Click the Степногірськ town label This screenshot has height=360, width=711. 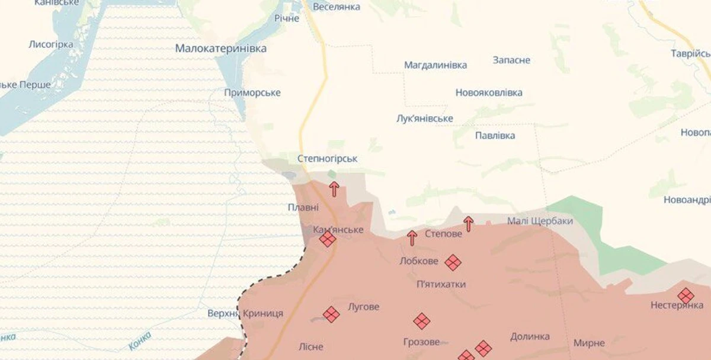pyautogui.click(x=327, y=159)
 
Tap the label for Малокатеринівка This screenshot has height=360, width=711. pyautogui.click(x=221, y=49)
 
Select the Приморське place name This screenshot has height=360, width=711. pyautogui.click(x=252, y=93)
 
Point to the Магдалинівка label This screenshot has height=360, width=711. pyautogui.click(x=435, y=65)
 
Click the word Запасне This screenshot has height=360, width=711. pyautogui.click(x=511, y=60)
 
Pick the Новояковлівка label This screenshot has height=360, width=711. pyautogui.click(x=489, y=93)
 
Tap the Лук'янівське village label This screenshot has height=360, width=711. pyautogui.click(x=425, y=118)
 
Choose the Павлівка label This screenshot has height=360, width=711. pyautogui.click(x=495, y=136)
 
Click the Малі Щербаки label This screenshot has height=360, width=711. pyautogui.click(x=540, y=221)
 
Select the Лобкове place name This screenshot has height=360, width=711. pyautogui.click(x=419, y=261)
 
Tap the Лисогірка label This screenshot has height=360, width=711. pyautogui.click(x=51, y=44)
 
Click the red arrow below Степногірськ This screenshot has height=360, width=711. pyautogui.click(x=334, y=189)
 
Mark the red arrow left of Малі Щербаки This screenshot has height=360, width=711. pyautogui.click(x=469, y=224)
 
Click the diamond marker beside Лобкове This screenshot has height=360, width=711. pyautogui.click(x=453, y=262)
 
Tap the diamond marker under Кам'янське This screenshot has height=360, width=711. pyautogui.click(x=327, y=239)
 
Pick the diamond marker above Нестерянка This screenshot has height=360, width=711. pyautogui.click(x=686, y=295)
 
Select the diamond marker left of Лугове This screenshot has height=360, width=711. pyautogui.click(x=331, y=314)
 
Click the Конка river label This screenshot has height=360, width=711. pyautogui.click(x=139, y=342)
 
